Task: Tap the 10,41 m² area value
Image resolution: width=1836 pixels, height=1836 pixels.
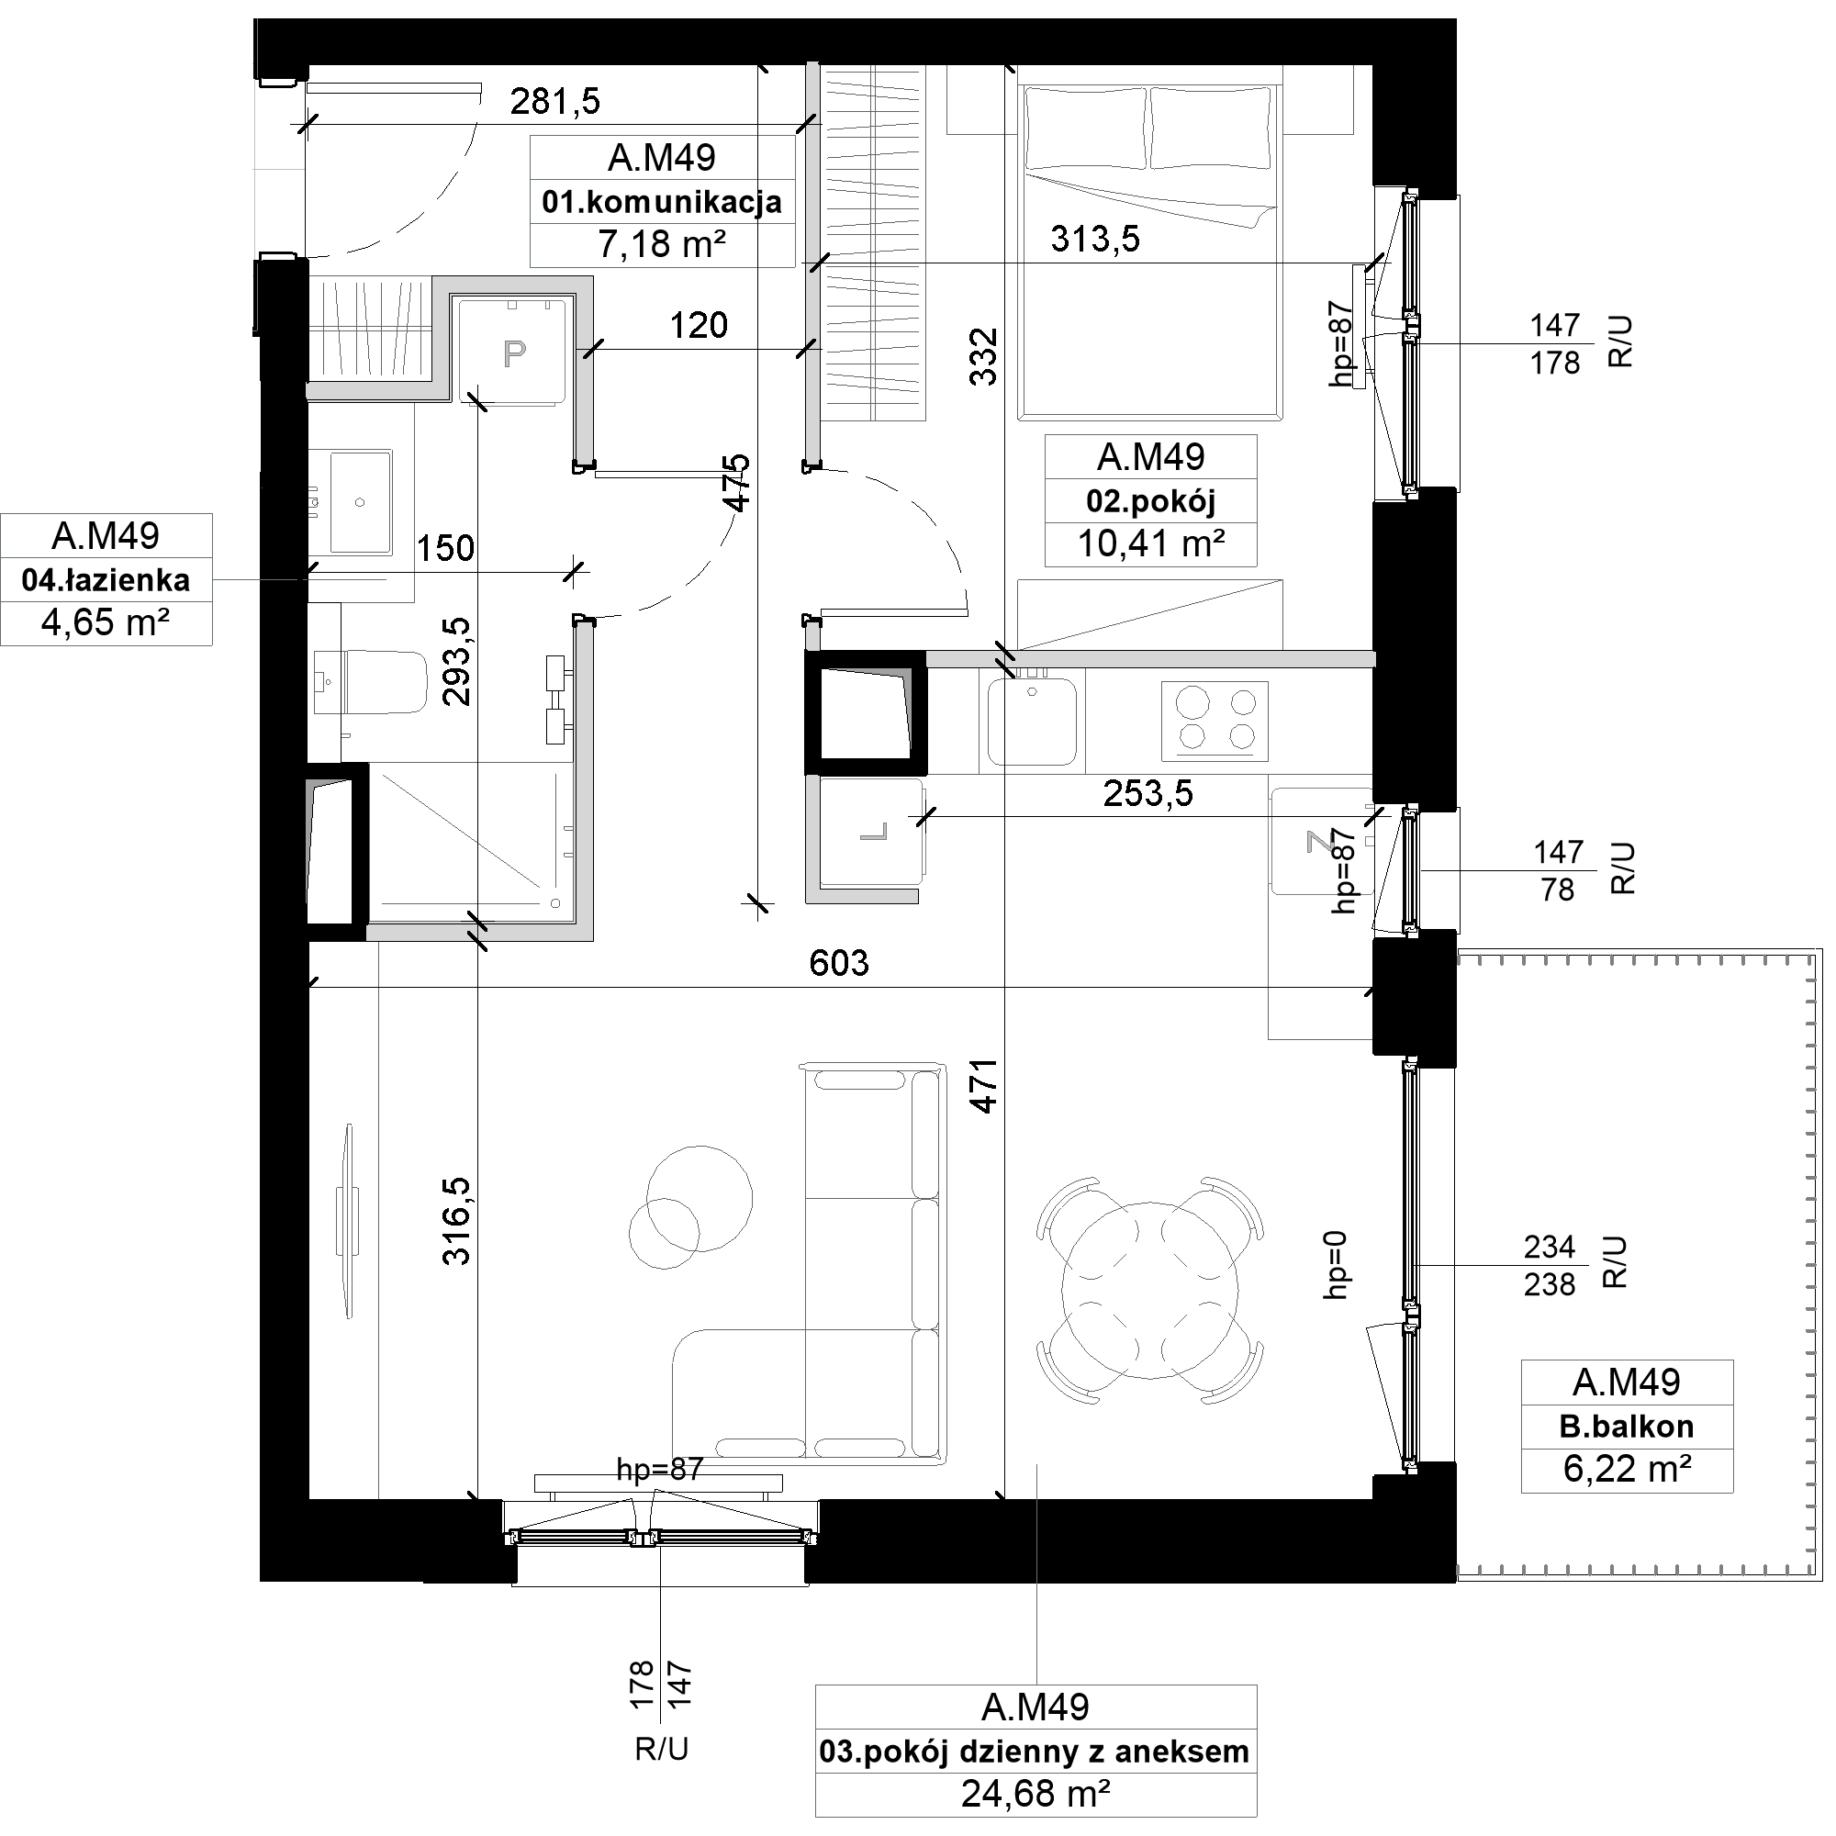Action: click(1150, 543)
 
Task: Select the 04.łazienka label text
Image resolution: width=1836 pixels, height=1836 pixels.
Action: click(106, 579)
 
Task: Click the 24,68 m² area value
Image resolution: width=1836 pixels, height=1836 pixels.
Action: click(1035, 1793)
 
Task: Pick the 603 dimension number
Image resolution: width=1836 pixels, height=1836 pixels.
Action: click(838, 964)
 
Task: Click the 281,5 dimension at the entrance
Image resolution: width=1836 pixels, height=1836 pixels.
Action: click(555, 101)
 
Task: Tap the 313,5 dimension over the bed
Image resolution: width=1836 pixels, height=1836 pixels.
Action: click(1095, 239)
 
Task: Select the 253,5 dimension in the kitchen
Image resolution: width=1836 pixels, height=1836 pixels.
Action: click(1148, 792)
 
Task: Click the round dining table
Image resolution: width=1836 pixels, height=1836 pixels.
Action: click(1150, 1290)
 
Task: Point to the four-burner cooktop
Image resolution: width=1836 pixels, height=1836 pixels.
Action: click(1215, 720)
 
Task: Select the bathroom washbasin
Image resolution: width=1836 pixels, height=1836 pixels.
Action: click(360, 502)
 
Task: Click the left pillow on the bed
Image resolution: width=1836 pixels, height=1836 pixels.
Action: click(1084, 129)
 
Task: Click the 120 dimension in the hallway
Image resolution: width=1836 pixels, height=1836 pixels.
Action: click(699, 326)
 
